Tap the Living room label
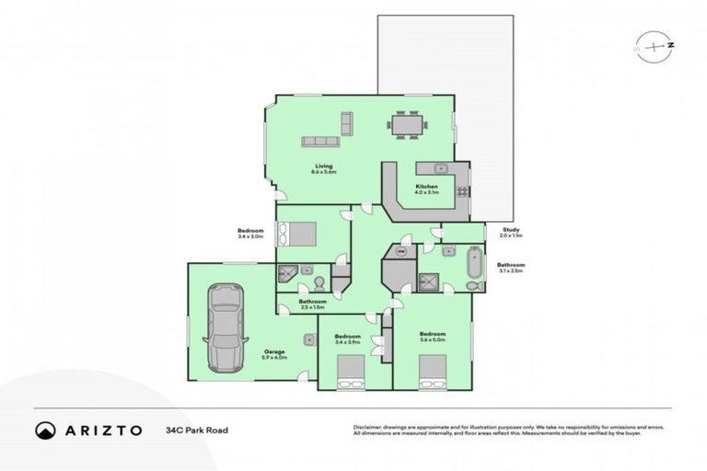(x=324, y=166)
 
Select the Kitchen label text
(x=426, y=187)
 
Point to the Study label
(x=511, y=230)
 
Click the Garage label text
(x=274, y=351)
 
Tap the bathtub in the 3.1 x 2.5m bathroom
(x=475, y=264)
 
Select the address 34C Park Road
(x=198, y=430)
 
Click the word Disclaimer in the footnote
(x=369, y=426)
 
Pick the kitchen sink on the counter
(x=438, y=168)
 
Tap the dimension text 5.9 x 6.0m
(x=275, y=358)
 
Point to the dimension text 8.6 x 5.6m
(x=324, y=172)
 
